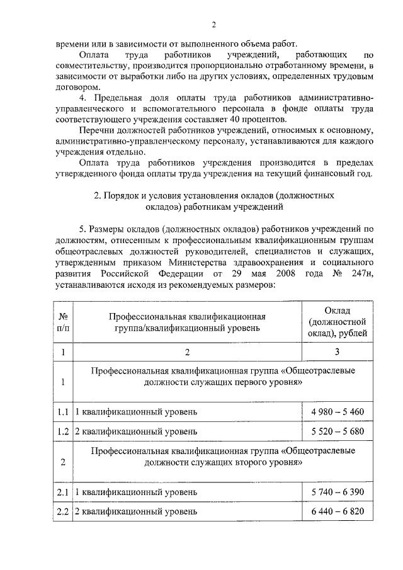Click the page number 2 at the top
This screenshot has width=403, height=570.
click(213, 25)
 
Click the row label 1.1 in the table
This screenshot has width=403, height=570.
click(62, 412)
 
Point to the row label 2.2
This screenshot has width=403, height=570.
click(62, 511)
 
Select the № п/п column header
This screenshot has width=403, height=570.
click(62, 322)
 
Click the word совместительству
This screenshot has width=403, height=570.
click(96, 66)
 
